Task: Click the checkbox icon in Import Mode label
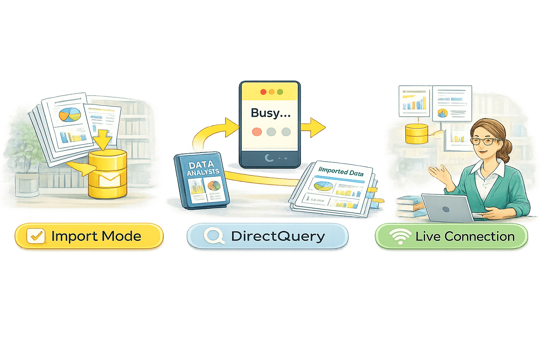[x=36, y=236]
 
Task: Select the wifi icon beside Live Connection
[x=399, y=236]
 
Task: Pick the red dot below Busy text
[x=257, y=132]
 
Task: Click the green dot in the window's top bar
[x=280, y=92]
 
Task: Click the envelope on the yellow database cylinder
[x=110, y=180]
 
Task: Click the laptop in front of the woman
[x=446, y=208]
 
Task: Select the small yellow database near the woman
[x=417, y=134]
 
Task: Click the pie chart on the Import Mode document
[x=70, y=115]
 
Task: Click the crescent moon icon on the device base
[x=269, y=158]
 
